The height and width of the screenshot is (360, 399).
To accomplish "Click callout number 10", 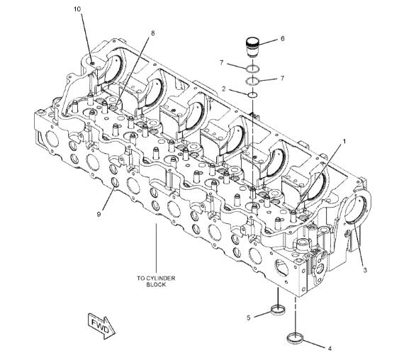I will pyautogui.click(x=77, y=10).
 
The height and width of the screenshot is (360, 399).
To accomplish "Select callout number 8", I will pyautogui.click(x=152, y=33).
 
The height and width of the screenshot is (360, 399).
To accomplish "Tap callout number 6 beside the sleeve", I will pyautogui.click(x=282, y=38).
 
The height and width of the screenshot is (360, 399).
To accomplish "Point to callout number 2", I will pyautogui.click(x=223, y=90).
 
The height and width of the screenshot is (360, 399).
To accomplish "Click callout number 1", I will pyautogui.click(x=344, y=141).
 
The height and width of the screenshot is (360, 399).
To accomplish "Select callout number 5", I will pyautogui.click(x=248, y=317).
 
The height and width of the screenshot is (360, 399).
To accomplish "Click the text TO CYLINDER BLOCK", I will pyautogui.click(x=156, y=281).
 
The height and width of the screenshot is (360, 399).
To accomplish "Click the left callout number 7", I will pyautogui.click(x=223, y=63).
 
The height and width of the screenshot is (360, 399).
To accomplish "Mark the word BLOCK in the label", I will pyautogui.click(x=156, y=285).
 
